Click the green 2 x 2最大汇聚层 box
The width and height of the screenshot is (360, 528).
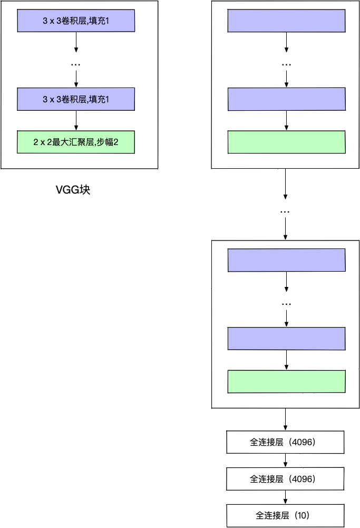point(76,142)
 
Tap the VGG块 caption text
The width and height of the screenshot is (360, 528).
point(73,190)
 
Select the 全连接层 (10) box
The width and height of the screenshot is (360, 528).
point(285,515)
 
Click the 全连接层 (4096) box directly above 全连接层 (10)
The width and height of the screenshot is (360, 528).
point(285,479)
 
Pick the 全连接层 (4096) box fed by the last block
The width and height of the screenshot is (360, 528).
point(285,442)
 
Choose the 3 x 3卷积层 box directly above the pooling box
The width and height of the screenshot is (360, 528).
point(76,99)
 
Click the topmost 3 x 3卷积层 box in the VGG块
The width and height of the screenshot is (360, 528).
point(76,21)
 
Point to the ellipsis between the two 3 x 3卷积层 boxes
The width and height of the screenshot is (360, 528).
point(76,64)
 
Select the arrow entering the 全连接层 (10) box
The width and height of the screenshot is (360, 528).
point(285,497)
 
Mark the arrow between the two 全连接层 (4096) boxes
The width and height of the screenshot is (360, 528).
point(285,460)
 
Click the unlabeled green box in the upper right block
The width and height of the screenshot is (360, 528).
point(286,142)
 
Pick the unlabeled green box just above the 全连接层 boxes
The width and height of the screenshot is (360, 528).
point(286,381)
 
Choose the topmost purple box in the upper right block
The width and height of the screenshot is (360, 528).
point(286,21)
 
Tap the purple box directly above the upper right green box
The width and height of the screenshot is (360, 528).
point(286,99)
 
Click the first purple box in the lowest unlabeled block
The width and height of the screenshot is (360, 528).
point(286,261)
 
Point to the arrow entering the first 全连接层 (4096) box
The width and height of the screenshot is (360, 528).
point(285,420)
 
